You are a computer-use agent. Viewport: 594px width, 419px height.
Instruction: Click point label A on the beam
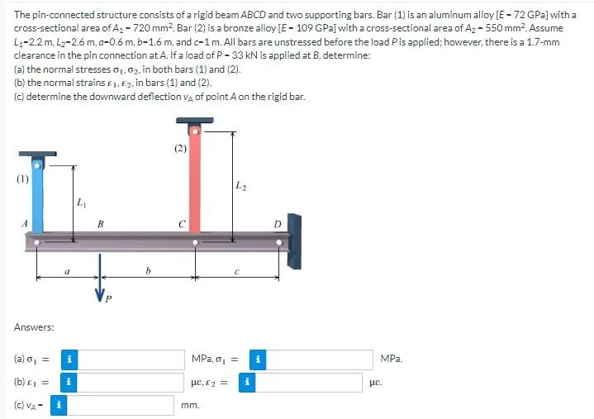pos(25,222)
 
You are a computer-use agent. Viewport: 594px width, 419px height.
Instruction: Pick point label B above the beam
pos(100,223)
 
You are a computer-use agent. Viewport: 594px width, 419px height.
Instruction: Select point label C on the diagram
pos(182,223)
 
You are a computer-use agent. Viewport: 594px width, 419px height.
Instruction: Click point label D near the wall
pos(277,223)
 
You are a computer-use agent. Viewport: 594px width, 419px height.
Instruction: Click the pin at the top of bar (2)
pos(194,131)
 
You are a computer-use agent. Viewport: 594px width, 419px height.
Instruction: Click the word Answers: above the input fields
pos(34,327)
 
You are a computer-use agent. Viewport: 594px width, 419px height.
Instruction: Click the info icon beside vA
pos(59,406)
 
